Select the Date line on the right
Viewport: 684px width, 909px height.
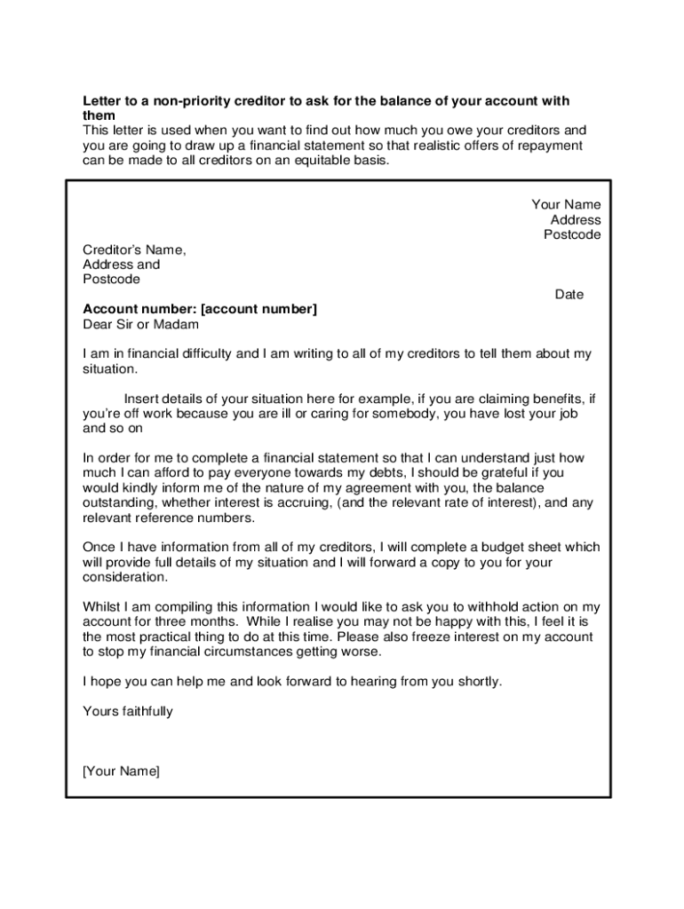pyautogui.click(x=569, y=295)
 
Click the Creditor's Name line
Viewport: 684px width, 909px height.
pyautogui.click(x=134, y=249)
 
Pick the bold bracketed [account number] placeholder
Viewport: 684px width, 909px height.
pyautogui.click(x=258, y=309)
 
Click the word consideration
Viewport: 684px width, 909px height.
pyautogui.click(x=124, y=578)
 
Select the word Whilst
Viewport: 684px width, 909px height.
pyautogui.click(x=101, y=607)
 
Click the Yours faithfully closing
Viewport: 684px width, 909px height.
pyautogui.click(x=128, y=712)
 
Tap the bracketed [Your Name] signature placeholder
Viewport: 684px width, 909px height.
pyautogui.click(x=122, y=771)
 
